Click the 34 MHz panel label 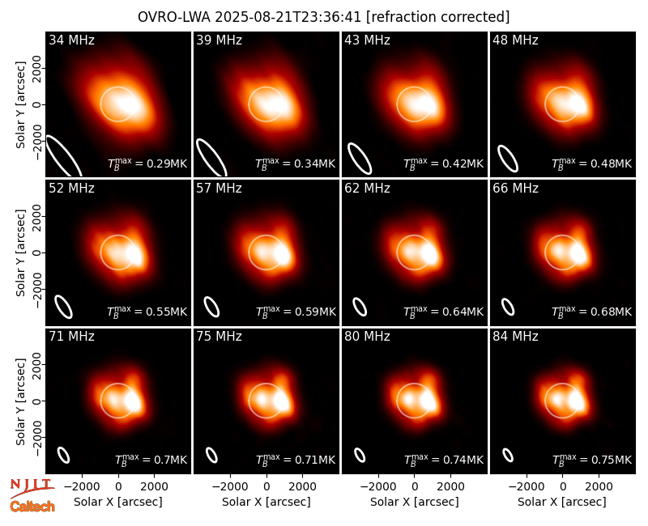pos(71,40)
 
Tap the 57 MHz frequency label pos(219,189)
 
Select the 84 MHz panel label pos(515,337)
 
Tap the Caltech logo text pos(32,507)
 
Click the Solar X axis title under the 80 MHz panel pos(415,502)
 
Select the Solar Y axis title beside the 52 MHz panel pos(20,252)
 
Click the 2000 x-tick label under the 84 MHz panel pos(599,487)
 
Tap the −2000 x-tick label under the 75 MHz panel pos(230,487)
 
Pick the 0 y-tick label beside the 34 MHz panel pos(37,104)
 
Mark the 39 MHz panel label pos(219,40)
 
